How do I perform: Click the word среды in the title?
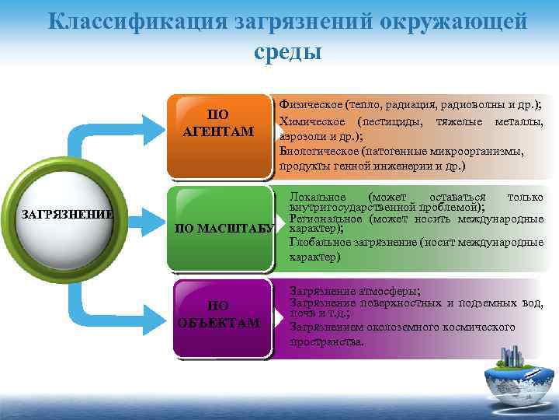pos(286,53)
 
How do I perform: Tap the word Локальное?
pos(320,197)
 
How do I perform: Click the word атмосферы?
pos(384,289)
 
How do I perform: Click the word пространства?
pos(326,341)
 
